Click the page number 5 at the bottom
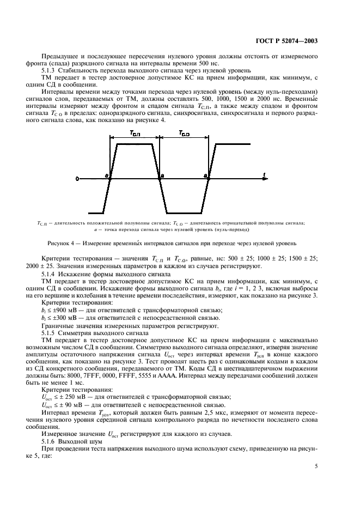tap(317, 466)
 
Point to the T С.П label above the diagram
tap(134, 133)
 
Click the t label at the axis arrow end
tap(263, 174)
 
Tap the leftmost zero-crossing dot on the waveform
tap(111, 178)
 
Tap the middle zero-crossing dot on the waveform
tap(159, 178)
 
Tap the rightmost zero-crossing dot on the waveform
tap(208, 178)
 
